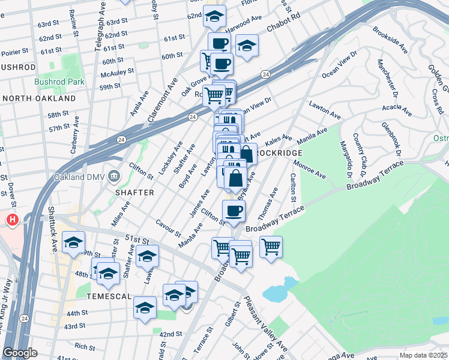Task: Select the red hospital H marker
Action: (x=12, y=220)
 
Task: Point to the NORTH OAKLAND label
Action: (x=40, y=98)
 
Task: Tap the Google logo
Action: (x=20, y=353)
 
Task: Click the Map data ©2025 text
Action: (x=423, y=355)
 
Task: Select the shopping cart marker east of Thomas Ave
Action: (x=271, y=246)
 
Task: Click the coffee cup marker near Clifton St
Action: (x=234, y=211)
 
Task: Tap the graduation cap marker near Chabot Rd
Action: (x=246, y=46)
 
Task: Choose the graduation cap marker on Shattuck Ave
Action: (x=73, y=242)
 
